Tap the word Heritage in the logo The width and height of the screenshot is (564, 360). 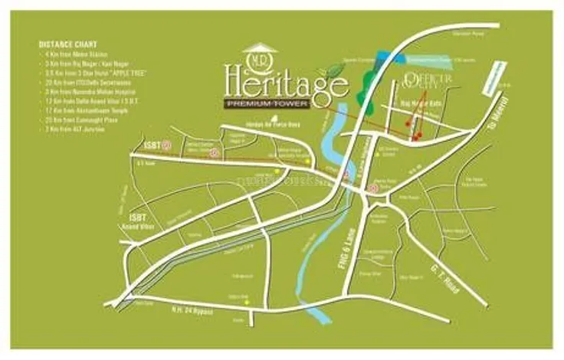pos(286,82)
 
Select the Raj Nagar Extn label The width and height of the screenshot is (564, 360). pos(418,102)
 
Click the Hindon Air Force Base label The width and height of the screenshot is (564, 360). pos(263,126)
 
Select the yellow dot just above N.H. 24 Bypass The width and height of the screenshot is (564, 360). pos(247,301)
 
